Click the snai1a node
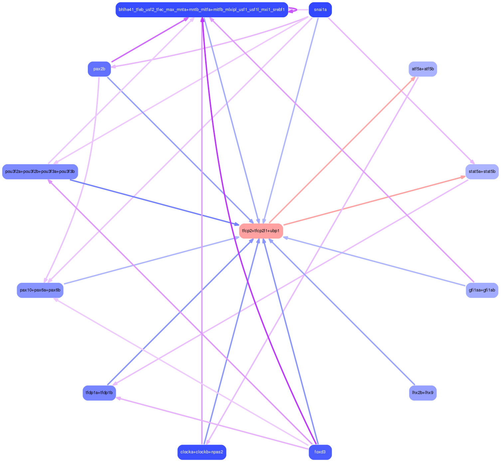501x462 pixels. [x=320, y=10]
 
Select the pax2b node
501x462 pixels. [x=99, y=69]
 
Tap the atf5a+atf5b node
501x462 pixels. [x=422, y=69]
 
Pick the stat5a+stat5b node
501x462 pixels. [x=482, y=172]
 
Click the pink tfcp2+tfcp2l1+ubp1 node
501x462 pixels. [x=261, y=231]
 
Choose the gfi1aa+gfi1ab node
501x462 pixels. [x=482, y=290]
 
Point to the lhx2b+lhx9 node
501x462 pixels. [x=422, y=393]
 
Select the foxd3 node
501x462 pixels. [x=320, y=452]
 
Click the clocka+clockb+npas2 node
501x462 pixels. [x=202, y=452]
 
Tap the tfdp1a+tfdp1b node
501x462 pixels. [x=99, y=393]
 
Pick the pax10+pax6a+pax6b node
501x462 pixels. [x=40, y=290]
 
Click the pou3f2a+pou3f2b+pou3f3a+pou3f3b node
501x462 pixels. [x=40, y=172]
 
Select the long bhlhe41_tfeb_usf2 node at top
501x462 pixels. [x=202, y=10]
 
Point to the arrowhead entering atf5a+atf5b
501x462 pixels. [x=414, y=78]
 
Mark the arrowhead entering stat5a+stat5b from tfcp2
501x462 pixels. [x=463, y=177]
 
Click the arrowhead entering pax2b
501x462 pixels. [x=113, y=67]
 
